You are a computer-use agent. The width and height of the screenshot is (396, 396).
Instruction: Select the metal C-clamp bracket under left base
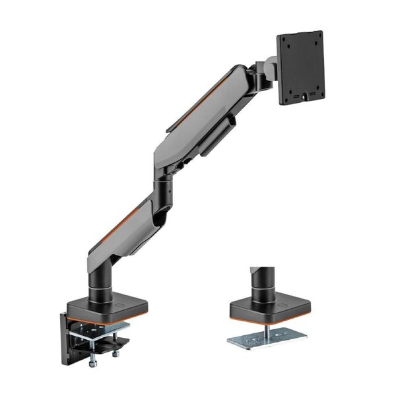[x=99, y=333]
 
